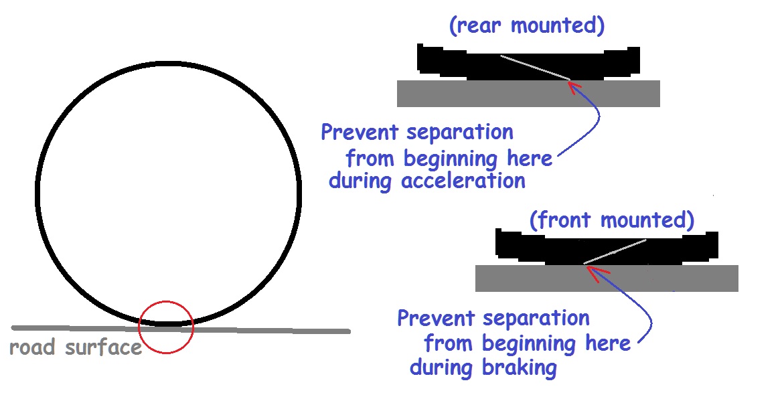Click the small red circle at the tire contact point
coord(165,327)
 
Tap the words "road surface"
coord(76,347)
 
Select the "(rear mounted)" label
coord(527,26)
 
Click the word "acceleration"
coord(464,180)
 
